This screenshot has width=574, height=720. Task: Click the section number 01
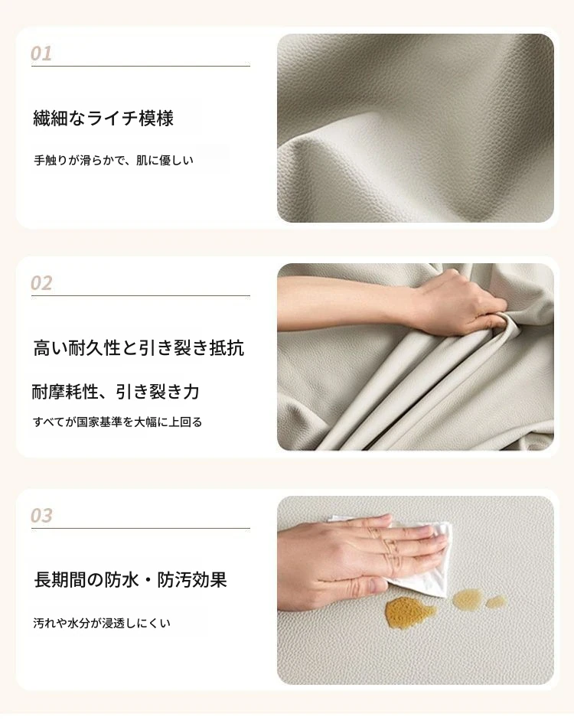pyautogui.click(x=41, y=54)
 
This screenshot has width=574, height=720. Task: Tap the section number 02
pyautogui.click(x=41, y=283)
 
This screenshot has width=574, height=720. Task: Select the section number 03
pyautogui.click(x=41, y=516)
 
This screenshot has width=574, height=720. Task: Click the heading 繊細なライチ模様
pyautogui.click(x=103, y=118)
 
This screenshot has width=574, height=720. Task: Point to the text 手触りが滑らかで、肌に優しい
pyautogui.click(x=113, y=160)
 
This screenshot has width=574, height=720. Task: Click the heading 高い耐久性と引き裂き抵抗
pyautogui.click(x=139, y=347)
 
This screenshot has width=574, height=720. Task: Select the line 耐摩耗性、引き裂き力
pyautogui.click(x=116, y=392)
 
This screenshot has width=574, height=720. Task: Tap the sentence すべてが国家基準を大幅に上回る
pyautogui.click(x=118, y=422)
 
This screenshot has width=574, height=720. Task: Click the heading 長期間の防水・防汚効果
pyautogui.click(x=131, y=579)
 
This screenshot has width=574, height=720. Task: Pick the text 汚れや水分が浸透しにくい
pyautogui.click(x=102, y=623)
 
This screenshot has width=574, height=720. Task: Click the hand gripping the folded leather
pyautogui.click(x=459, y=305)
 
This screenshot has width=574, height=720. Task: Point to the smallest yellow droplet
pyautogui.click(x=495, y=601)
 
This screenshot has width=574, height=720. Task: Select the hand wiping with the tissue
pyautogui.click(x=363, y=560)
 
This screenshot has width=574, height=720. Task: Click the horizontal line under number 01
pyautogui.click(x=141, y=66)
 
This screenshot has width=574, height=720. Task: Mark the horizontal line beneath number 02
pyautogui.click(x=141, y=295)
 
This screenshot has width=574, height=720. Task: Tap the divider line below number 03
pyautogui.click(x=141, y=529)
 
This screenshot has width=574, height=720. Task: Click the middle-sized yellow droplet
pyautogui.click(x=468, y=599)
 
